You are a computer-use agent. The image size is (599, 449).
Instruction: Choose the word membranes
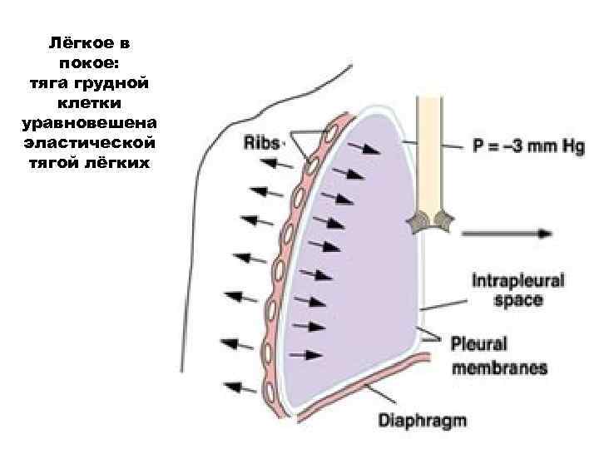click(x=499, y=366)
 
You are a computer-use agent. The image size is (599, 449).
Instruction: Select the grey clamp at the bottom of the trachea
click(x=429, y=220)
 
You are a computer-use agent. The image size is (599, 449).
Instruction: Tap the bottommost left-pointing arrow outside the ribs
click(x=241, y=387)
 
